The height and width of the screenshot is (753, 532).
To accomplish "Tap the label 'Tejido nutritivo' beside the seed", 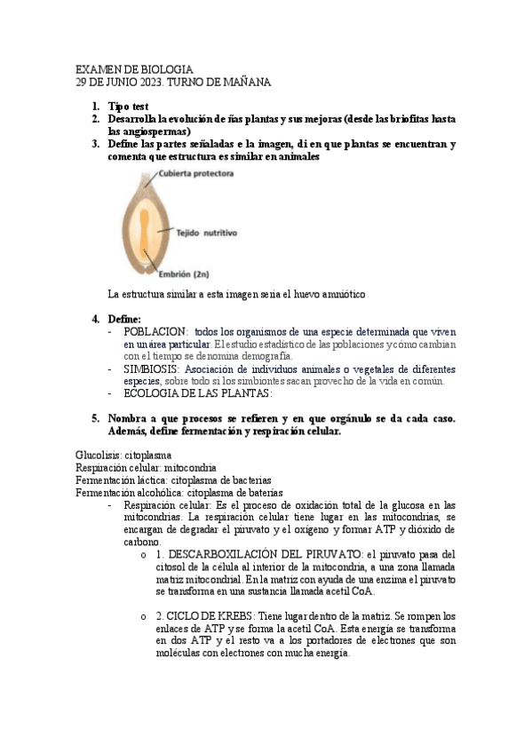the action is pos(205,234).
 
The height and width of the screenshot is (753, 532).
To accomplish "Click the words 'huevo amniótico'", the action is pos(328,293).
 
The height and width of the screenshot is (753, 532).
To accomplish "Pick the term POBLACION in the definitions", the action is pos(155,330).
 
